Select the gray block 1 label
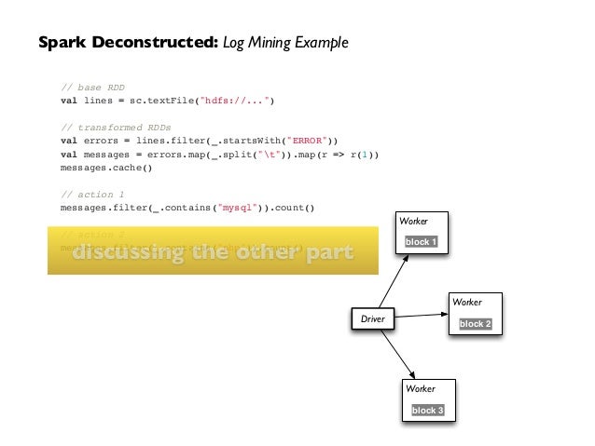(421, 242)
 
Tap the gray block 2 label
(474, 324)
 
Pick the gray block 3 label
(427, 411)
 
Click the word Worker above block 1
(413, 222)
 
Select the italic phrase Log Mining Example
(285, 43)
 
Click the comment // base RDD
(92, 88)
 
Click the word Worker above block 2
(466, 303)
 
